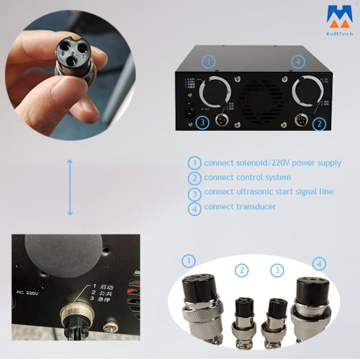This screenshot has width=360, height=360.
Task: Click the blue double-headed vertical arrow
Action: (70, 188)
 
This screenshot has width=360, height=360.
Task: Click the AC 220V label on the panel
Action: (29, 293)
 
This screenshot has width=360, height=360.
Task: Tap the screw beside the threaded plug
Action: (110, 328)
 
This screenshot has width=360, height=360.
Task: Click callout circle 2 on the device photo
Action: (320, 124)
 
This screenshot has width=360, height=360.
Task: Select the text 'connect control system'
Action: (247, 177)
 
